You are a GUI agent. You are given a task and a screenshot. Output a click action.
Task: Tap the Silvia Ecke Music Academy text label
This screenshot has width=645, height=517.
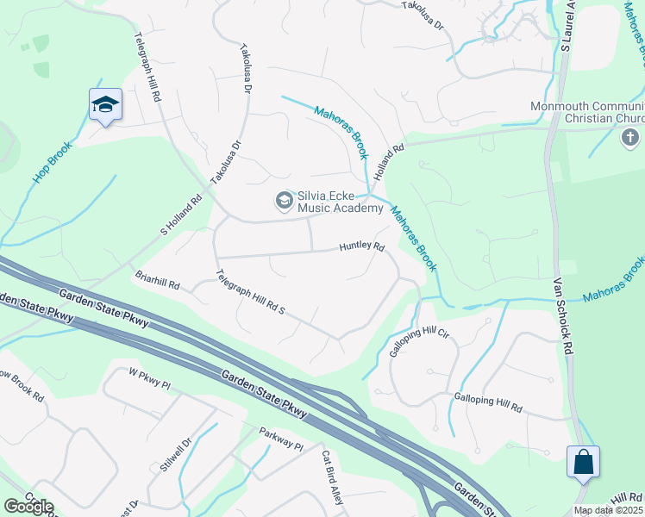coord(340,202)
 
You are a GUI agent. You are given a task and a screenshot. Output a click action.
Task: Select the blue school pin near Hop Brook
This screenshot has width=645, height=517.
coord(105,105)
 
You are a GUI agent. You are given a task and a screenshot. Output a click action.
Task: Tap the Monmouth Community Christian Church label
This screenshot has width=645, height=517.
coord(586,112)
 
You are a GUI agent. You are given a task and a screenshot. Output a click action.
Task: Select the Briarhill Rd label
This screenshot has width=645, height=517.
coord(157,281)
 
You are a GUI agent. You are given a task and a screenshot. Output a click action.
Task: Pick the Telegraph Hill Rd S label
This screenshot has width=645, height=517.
coord(250,295)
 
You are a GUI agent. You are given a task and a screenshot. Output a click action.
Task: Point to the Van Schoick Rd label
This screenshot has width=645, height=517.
coord(563,307)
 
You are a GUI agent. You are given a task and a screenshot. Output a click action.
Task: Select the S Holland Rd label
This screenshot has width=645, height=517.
coord(181,215)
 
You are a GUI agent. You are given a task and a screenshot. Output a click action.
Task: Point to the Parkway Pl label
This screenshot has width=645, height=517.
coord(282,439)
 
